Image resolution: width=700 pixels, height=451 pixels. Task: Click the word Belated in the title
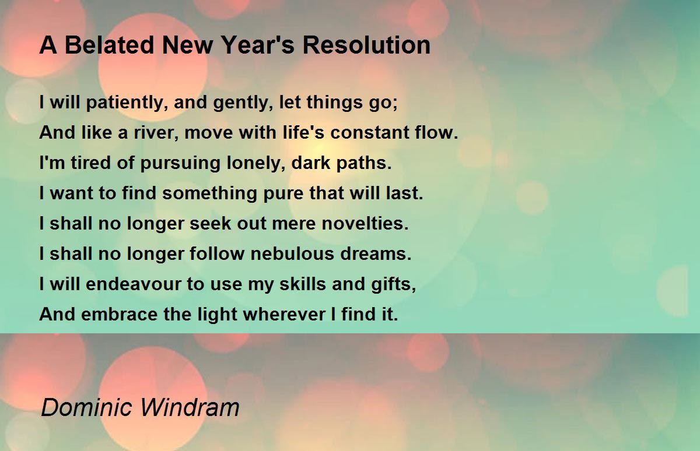[110, 45]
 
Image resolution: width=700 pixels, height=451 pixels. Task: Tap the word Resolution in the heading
[366, 45]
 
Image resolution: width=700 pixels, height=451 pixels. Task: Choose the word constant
[369, 133]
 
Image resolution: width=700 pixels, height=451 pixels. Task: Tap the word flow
[434, 132]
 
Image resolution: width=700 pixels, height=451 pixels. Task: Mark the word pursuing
[180, 164]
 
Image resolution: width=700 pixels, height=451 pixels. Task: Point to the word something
[209, 193]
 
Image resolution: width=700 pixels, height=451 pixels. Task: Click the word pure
[283, 194]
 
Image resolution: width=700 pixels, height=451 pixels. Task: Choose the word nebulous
[292, 253]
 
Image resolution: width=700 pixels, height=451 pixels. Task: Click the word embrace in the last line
[120, 314]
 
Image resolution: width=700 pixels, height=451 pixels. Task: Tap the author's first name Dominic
[86, 407]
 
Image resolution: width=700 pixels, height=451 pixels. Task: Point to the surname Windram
[190, 407]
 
